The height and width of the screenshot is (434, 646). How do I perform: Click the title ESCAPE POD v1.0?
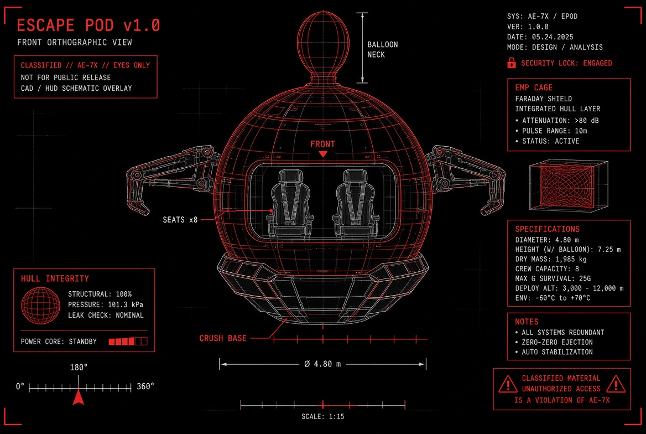88,25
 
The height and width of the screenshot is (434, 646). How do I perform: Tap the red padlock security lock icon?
511,63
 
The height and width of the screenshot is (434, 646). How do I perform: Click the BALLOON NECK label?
383,49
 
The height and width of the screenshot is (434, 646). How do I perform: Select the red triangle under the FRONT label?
323,154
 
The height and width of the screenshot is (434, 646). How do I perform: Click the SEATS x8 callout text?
180,219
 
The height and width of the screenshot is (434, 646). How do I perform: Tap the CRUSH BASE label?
223,338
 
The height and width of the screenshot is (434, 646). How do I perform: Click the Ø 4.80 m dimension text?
322,364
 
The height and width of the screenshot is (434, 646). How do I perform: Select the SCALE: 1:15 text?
322,417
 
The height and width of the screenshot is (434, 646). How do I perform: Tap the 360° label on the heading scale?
145,386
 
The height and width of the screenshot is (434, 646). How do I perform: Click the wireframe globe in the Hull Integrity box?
40,306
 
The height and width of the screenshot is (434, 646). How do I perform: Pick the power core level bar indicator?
128,341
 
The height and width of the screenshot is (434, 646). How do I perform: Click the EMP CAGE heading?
534,87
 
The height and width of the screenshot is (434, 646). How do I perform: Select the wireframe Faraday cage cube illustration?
569,185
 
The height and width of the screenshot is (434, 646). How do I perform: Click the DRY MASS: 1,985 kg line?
551,259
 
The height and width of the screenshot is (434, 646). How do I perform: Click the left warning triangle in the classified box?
508,384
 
